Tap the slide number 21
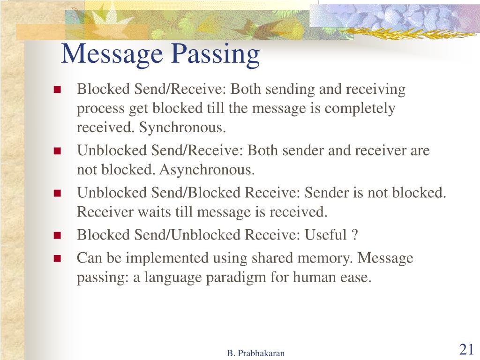[466, 349]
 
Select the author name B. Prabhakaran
[256, 353]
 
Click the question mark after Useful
[355, 234]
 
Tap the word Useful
[325, 234]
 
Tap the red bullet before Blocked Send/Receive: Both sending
[58, 90]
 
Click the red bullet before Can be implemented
[58, 258]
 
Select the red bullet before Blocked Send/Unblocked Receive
[58, 235]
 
